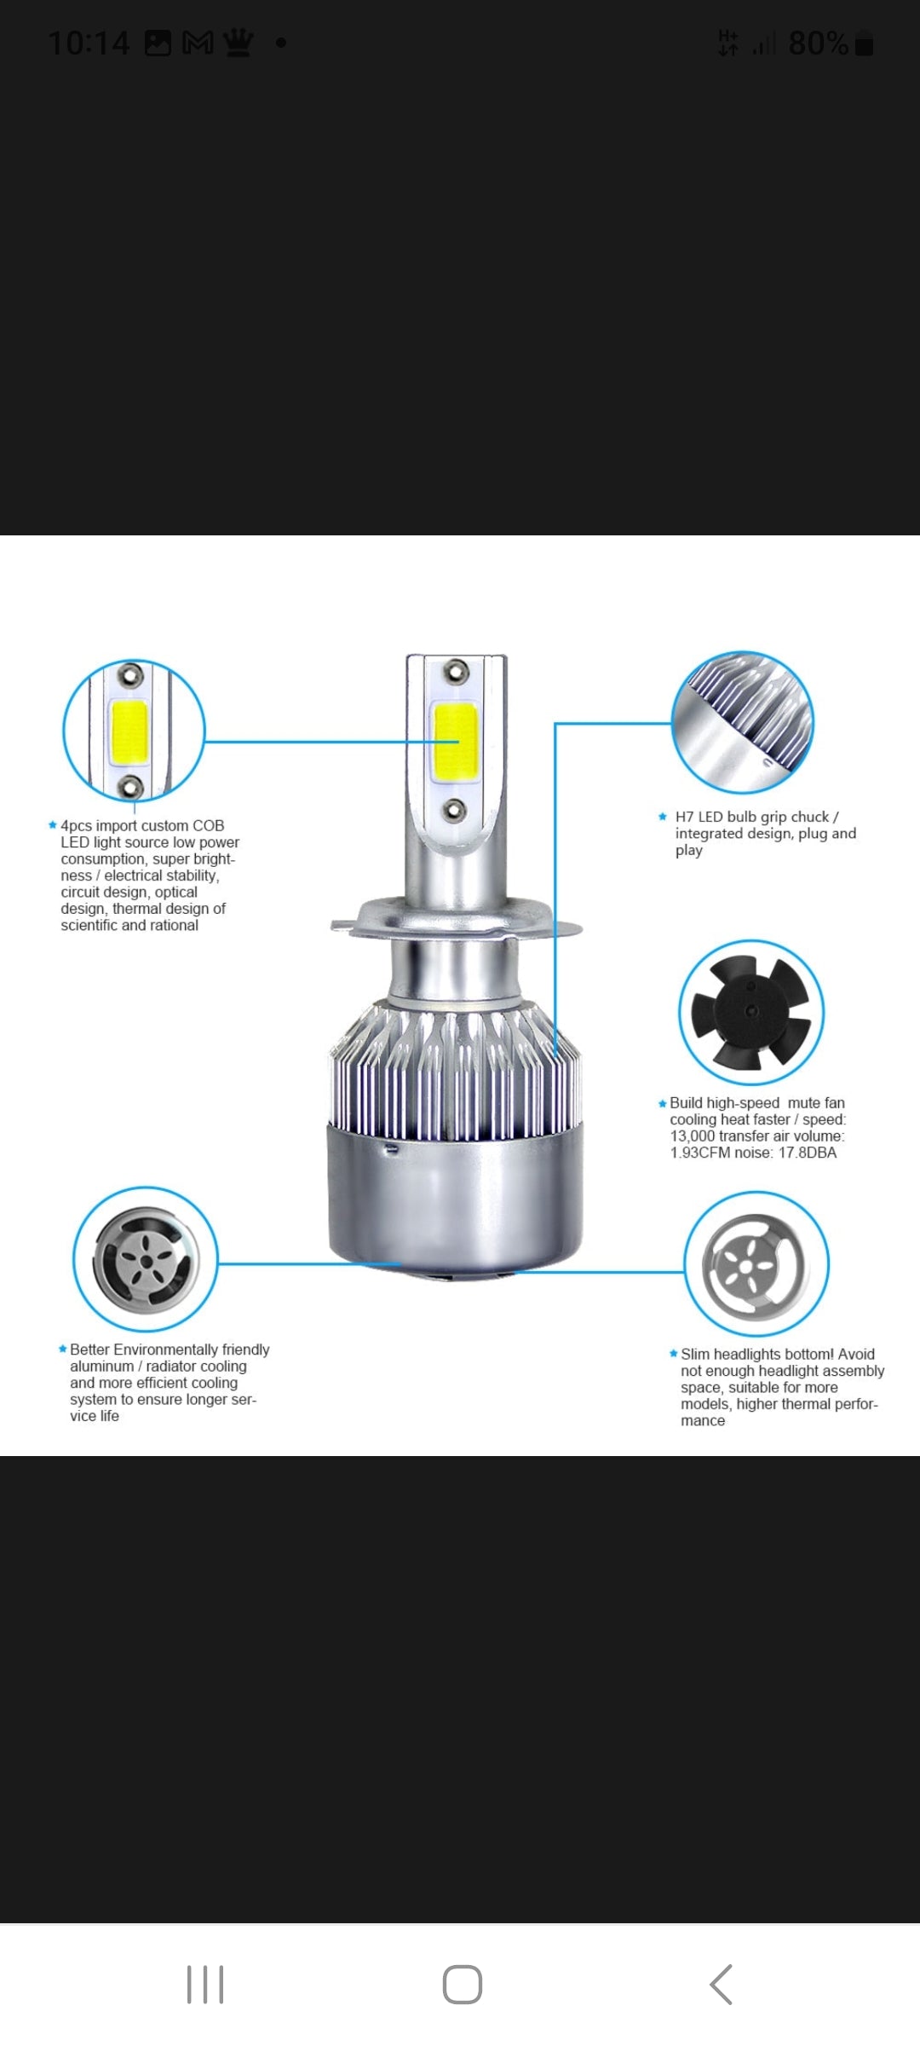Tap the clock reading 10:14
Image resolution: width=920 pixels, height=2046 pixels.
(x=89, y=43)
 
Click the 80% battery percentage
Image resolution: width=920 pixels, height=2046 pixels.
(x=819, y=43)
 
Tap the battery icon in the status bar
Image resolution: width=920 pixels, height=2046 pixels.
(x=864, y=43)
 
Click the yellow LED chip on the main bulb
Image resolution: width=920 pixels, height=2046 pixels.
(x=455, y=741)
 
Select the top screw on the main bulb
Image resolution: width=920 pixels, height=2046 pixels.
(x=456, y=672)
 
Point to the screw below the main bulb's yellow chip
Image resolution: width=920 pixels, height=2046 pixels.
(x=454, y=809)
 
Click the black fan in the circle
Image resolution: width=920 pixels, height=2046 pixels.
(x=750, y=1012)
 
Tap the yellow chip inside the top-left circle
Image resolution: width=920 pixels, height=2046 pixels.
(x=129, y=731)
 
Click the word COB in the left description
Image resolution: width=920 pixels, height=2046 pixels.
(x=208, y=825)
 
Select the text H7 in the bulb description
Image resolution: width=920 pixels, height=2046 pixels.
(x=685, y=817)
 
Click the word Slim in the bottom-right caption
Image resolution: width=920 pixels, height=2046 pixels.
(x=695, y=1354)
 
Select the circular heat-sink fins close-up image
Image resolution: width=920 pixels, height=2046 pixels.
(x=743, y=722)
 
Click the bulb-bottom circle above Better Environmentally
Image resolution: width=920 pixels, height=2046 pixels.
(x=146, y=1259)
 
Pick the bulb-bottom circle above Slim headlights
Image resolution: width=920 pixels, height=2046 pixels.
(x=756, y=1263)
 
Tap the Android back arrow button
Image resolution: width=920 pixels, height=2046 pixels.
(x=721, y=1984)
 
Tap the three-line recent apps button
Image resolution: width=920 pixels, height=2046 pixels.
(x=205, y=1984)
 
